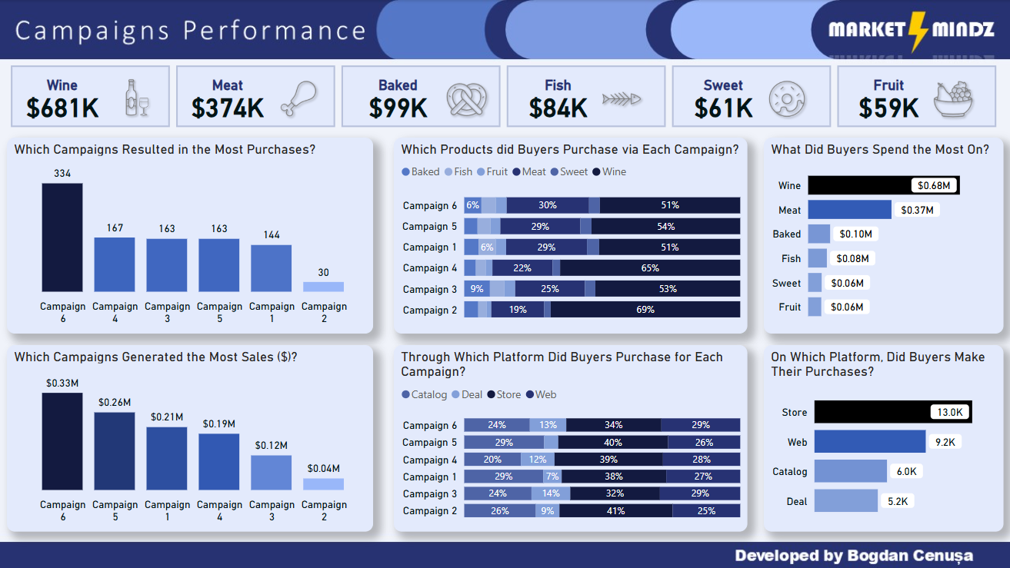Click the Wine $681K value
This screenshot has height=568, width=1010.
62,108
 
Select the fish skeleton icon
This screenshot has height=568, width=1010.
622,98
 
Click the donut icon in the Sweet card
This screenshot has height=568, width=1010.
786,98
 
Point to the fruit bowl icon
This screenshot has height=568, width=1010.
952,98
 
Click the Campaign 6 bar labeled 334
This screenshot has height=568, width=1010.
62,237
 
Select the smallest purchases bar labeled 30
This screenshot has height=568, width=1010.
323,287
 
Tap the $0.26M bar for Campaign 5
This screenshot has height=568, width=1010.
115,451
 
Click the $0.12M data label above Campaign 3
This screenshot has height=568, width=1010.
272,446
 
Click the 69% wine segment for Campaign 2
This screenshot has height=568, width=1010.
645,310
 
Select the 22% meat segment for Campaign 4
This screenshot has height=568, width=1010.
522,268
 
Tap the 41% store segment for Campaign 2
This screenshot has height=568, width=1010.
615,511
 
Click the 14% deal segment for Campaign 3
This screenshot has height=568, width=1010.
551,493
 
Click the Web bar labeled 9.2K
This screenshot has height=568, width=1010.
869,442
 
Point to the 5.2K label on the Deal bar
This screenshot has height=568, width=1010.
897,501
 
